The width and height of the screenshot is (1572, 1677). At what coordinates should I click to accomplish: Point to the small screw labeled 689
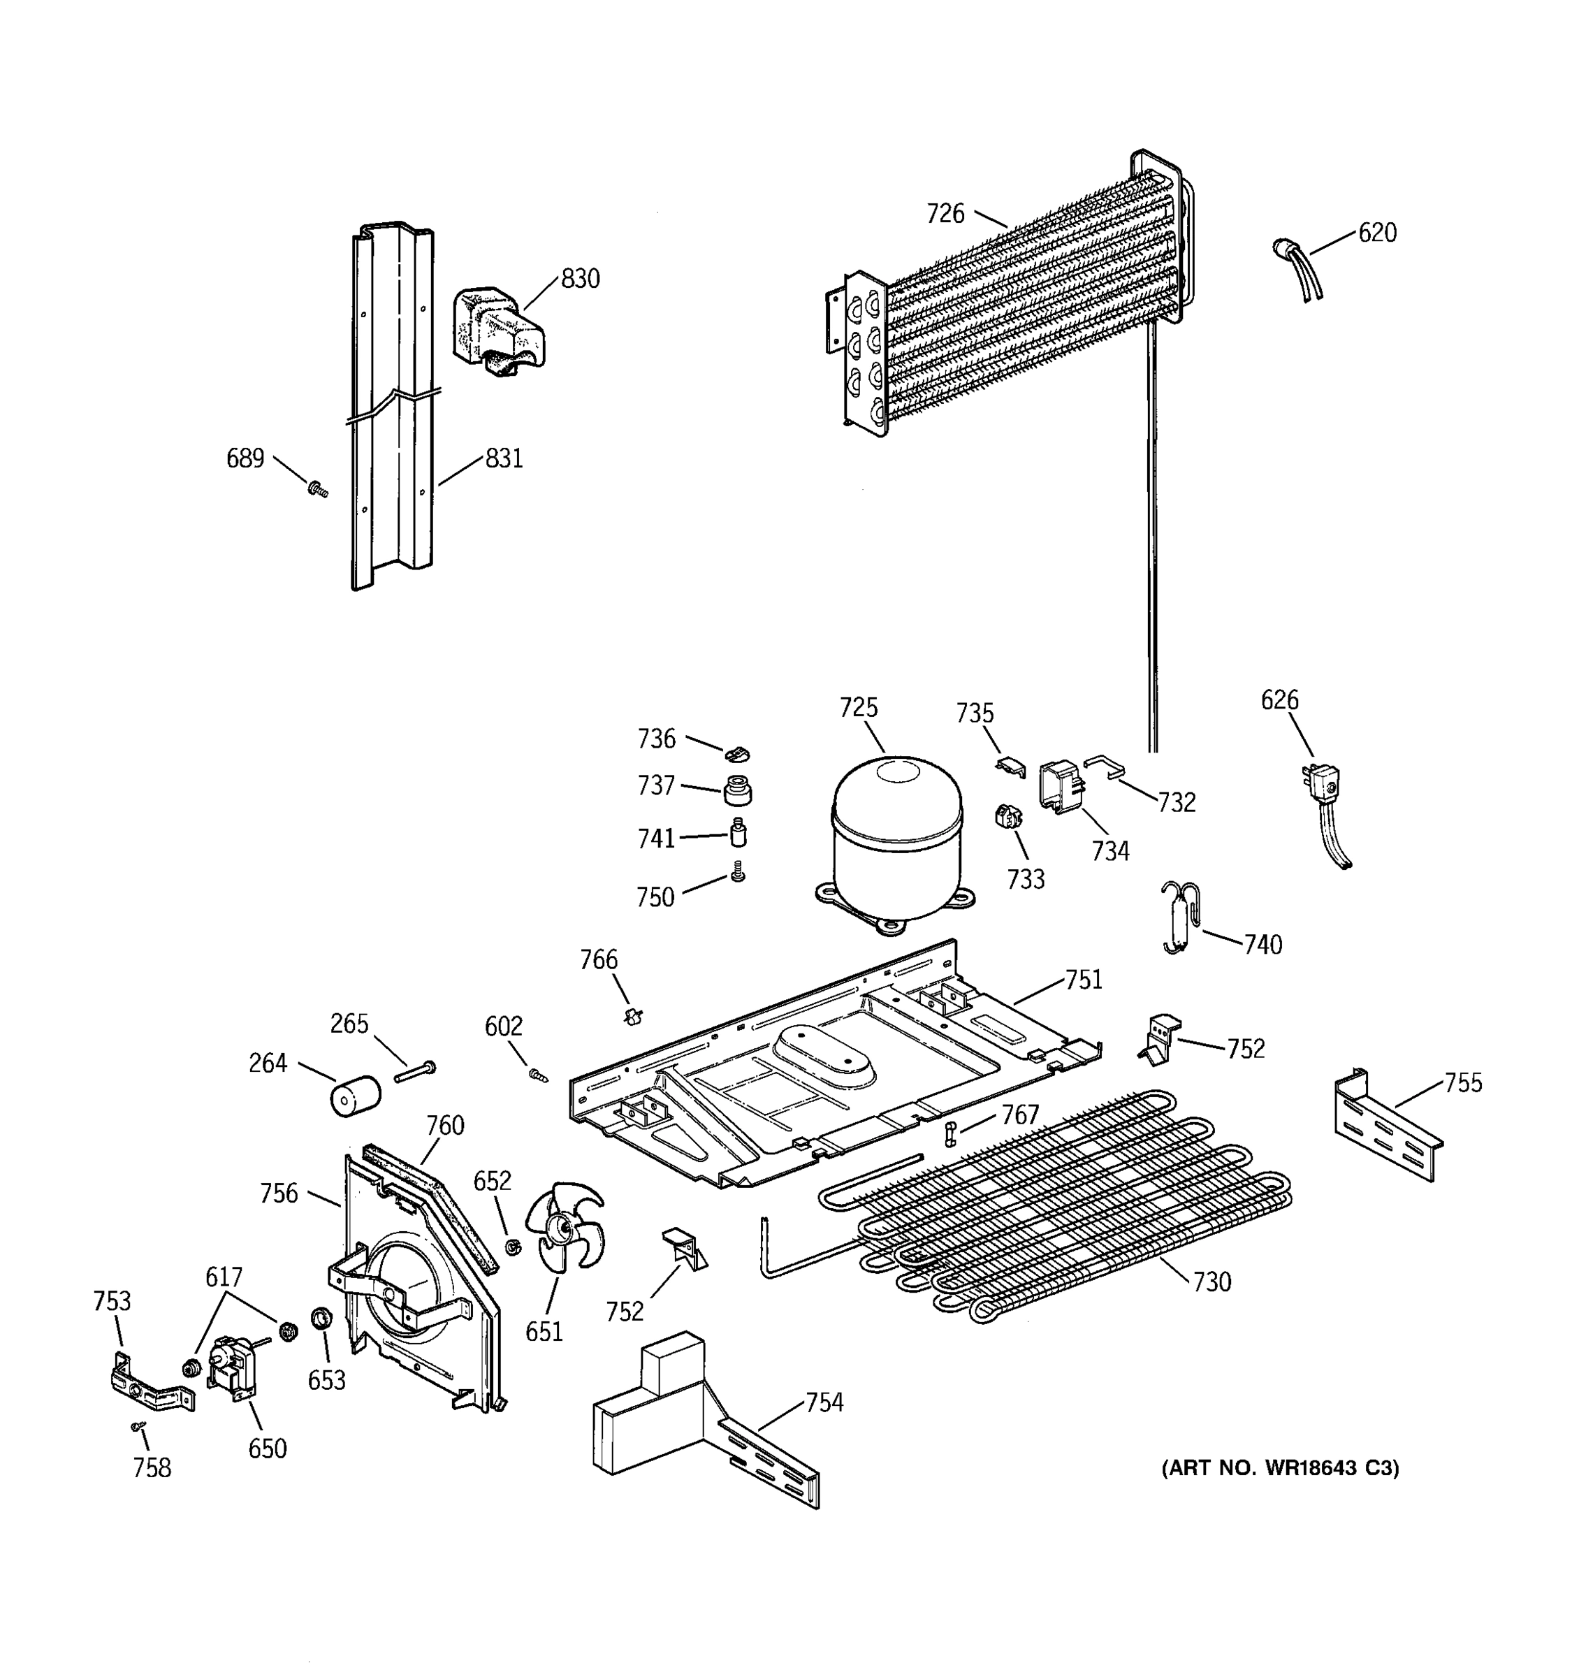[318, 489]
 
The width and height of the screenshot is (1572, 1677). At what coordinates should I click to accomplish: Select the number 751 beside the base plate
[1084, 980]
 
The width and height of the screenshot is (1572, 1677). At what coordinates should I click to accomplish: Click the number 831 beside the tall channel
[504, 459]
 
